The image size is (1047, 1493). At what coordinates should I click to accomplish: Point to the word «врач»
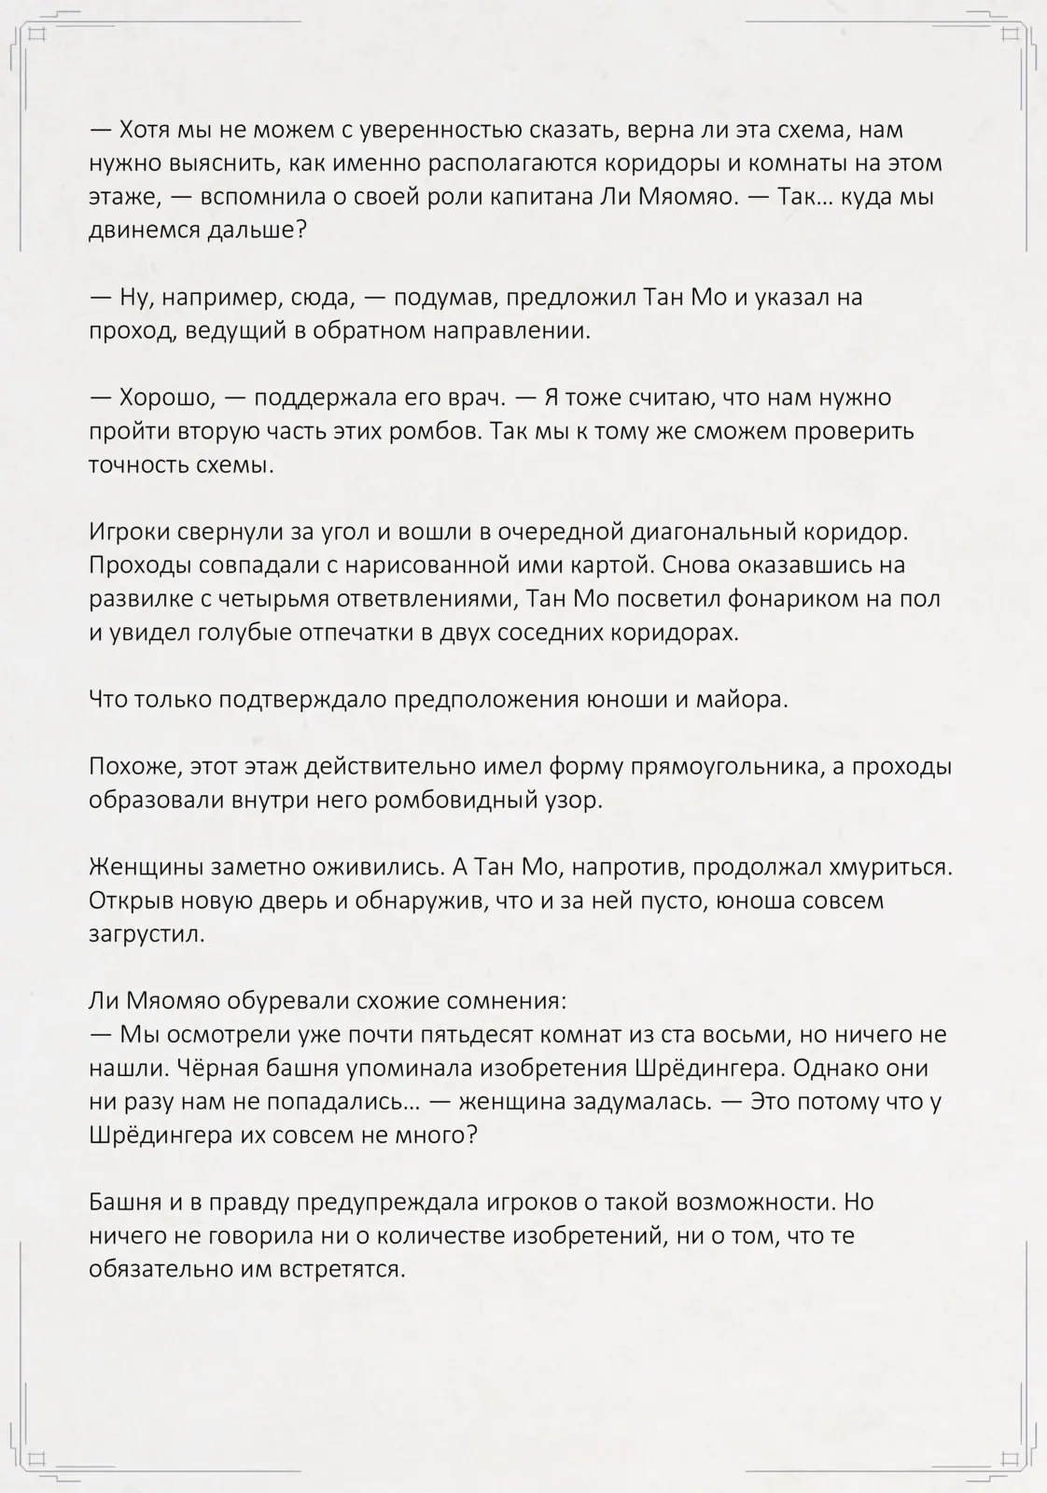[x=479, y=398]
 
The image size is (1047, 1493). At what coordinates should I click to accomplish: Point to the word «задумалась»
[x=632, y=1102]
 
